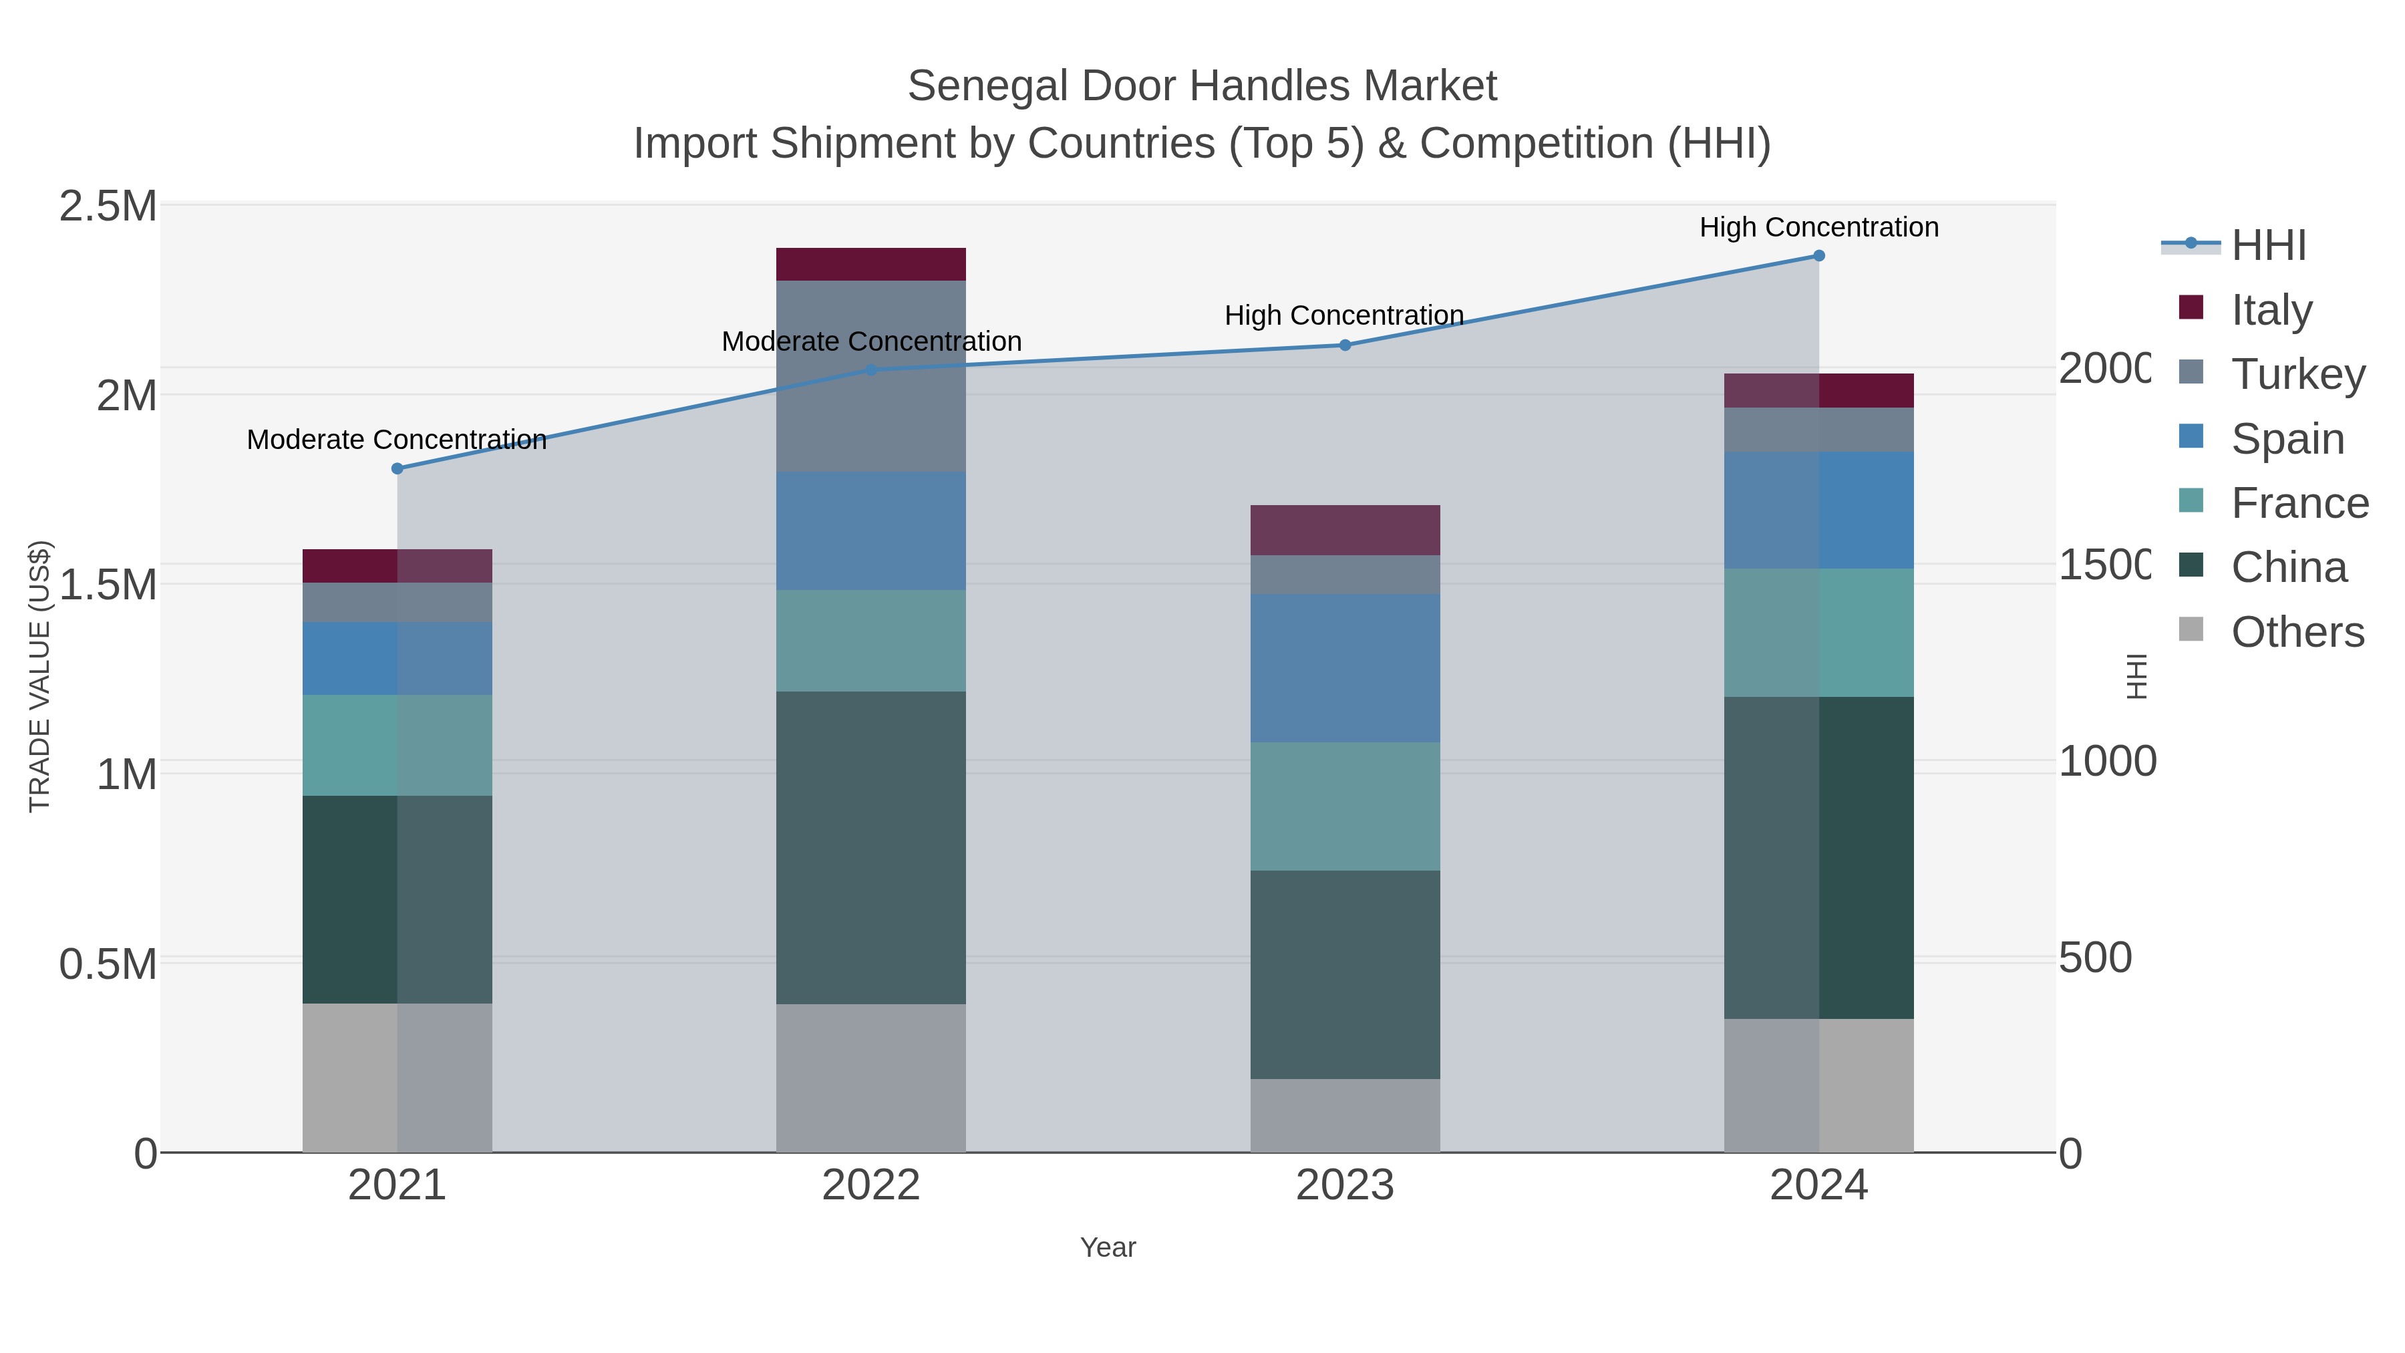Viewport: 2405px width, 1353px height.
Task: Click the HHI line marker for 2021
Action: (x=397, y=469)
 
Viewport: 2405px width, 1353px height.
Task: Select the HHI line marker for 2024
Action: (x=1818, y=256)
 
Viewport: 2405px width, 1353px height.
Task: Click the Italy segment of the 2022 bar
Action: (x=871, y=264)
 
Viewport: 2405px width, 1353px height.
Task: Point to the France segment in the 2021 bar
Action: (x=397, y=745)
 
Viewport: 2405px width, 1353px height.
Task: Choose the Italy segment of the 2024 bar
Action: (x=1818, y=390)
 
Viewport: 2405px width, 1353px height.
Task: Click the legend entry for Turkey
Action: (x=2297, y=374)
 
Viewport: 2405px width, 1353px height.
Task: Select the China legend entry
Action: (x=2288, y=568)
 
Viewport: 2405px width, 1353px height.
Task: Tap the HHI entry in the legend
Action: (x=2268, y=246)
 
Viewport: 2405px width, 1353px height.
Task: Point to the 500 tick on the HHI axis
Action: (x=2096, y=958)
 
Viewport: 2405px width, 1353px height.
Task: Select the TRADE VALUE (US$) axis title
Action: (x=40, y=676)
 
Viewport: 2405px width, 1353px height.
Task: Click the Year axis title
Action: (x=1108, y=1247)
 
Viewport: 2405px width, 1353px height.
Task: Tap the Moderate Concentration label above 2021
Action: (x=397, y=440)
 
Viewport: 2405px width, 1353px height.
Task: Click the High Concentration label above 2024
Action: (x=1818, y=228)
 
